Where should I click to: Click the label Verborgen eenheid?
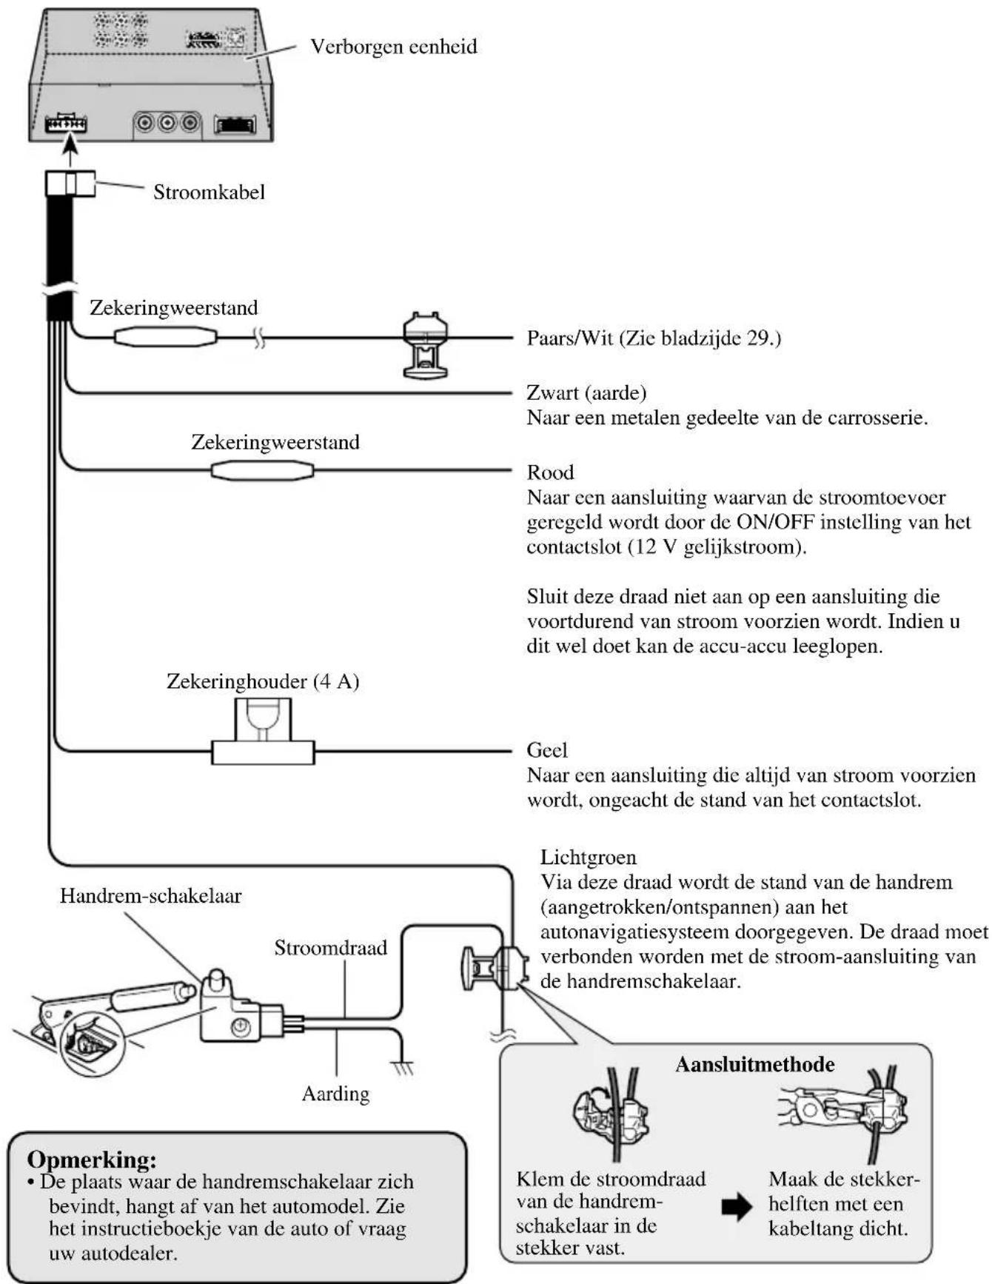(393, 47)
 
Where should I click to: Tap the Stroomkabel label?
(209, 193)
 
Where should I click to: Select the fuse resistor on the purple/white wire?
(166, 338)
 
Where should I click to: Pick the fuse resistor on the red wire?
(262, 470)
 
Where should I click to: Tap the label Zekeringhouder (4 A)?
(263, 681)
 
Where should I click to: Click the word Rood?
(550, 472)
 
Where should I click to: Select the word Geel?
(547, 750)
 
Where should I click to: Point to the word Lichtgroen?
(588, 857)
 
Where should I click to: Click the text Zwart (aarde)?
(586, 392)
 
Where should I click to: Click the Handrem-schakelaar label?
(150, 896)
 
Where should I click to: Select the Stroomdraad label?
(330, 948)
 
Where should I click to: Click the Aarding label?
(335, 1094)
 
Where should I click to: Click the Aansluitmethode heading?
(754, 1065)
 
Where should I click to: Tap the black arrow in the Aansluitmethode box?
(736, 1207)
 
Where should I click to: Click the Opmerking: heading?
(92, 1159)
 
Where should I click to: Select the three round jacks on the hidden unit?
(167, 122)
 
